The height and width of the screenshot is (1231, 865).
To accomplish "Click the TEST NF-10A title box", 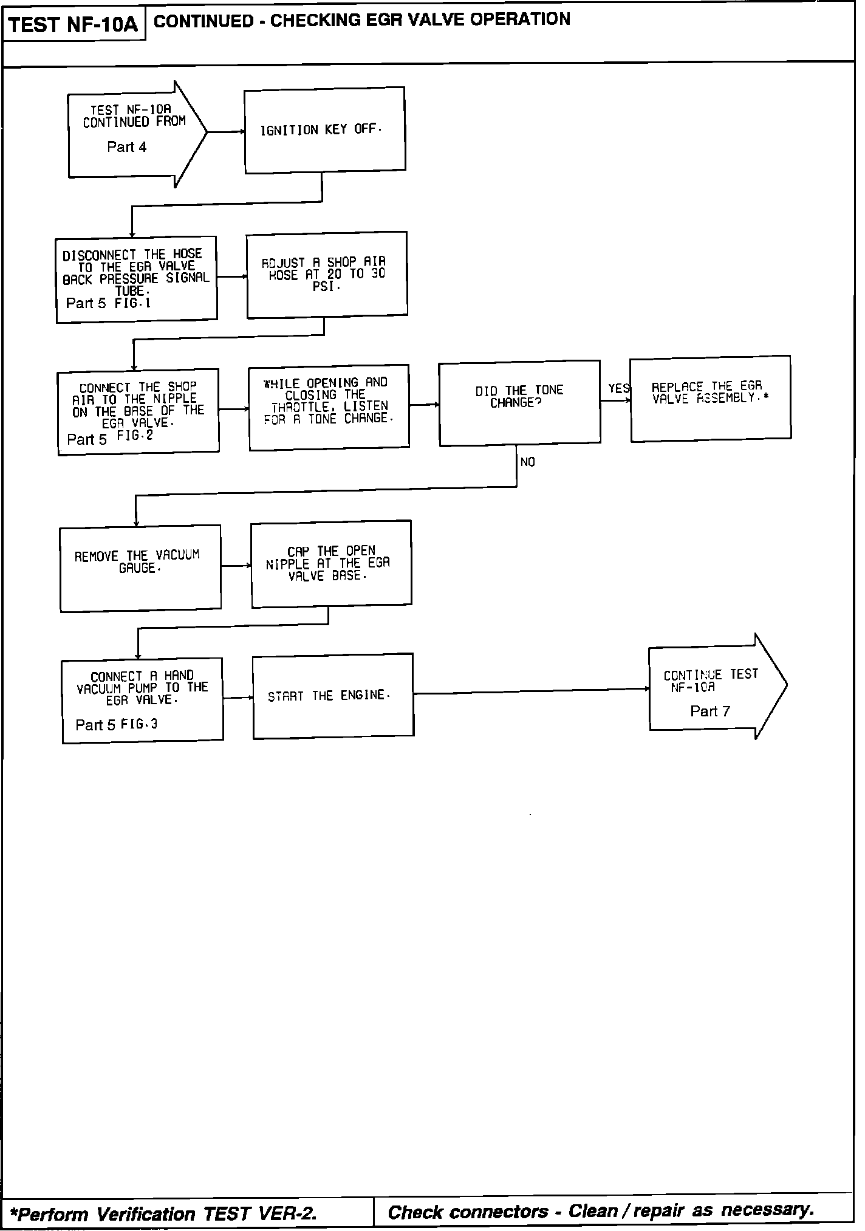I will click(x=74, y=25).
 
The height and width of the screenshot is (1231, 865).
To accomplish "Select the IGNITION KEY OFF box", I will click(x=324, y=130).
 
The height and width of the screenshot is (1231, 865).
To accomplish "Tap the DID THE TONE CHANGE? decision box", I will click(x=519, y=403).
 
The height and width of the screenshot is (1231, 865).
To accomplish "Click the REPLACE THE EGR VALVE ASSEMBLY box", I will click(x=710, y=399).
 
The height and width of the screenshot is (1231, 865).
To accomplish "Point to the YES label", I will click(x=618, y=388).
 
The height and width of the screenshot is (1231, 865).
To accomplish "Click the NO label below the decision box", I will click(x=527, y=462).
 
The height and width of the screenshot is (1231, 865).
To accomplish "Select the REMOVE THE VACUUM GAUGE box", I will click(x=140, y=568).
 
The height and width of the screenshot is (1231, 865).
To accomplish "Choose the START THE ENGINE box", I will click(x=333, y=696).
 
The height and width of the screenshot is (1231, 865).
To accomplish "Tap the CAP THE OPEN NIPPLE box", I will click(x=331, y=563).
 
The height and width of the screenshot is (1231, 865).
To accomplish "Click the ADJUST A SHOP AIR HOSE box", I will click(x=327, y=275).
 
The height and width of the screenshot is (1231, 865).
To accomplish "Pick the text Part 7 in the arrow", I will click(x=710, y=711).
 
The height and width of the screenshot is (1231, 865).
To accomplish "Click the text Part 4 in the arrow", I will click(x=126, y=147).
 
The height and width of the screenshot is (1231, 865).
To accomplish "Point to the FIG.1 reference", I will click(x=132, y=303).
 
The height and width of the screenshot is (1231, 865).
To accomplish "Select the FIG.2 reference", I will click(x=135, y=436).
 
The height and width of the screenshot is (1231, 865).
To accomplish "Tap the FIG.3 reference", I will click(x=139, y=724).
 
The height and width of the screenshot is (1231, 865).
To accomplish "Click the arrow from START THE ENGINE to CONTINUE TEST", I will click(x=531, y=691).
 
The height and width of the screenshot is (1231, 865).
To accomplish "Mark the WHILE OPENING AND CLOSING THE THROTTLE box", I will click(x=329, y=406).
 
